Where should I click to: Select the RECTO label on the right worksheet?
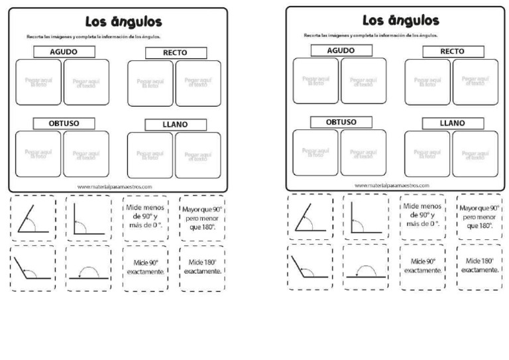(453, 52)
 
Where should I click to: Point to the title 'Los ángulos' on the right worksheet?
(397, 21)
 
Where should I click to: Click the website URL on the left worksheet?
(115, 186)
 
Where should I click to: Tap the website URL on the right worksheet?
(392, 186)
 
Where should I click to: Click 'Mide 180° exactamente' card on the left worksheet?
(201, 267)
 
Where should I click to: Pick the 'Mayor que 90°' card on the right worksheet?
(479, 216)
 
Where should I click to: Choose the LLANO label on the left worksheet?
(175, 124)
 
